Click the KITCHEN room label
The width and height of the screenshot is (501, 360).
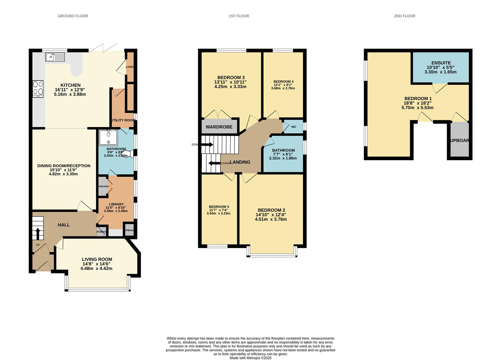tap(70, 85)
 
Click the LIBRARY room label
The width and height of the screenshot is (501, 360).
tap(116, 204)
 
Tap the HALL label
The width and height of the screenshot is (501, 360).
tap(64, 225)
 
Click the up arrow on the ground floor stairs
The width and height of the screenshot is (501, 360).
tap(38, 233)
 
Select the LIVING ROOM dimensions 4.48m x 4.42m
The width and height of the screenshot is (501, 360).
tap(96, 268)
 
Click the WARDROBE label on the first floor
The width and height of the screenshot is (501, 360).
tap(219, 127)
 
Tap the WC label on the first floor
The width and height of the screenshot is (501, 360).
tap(294, 127)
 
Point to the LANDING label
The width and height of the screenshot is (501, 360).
tap(240, 162)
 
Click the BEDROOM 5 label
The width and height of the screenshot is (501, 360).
tap(219, 207)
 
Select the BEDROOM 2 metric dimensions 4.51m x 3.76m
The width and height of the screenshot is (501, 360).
tap(271, 219)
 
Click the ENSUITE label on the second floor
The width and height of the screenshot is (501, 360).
tap(441, 63)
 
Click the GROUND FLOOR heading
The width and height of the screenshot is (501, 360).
tap(73, 16)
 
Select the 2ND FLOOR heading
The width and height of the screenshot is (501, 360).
tap(404, 16)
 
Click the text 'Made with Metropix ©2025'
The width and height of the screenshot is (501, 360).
tap(250, 358)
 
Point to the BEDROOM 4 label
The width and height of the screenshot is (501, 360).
tap(283, 82)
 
